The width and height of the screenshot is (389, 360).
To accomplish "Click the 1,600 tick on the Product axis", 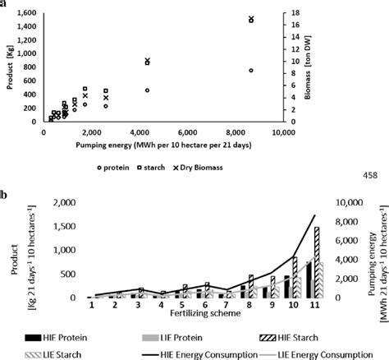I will click(x=25, y=14).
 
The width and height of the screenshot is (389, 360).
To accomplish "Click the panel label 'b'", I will click(x=5, y=195).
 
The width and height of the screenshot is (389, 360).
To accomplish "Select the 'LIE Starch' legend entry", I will click(x=53, y=354).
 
